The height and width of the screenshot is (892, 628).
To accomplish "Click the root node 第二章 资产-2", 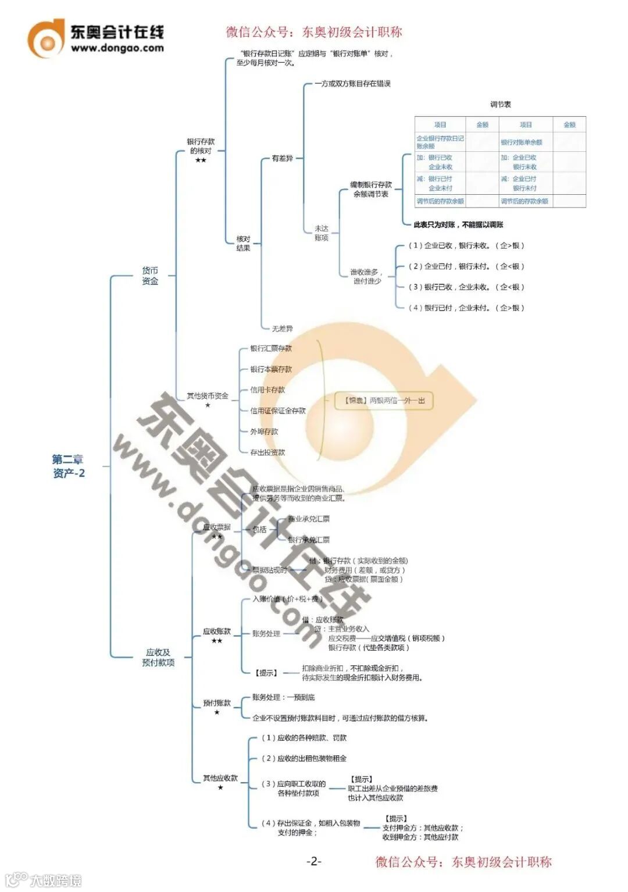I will tap(69, 466).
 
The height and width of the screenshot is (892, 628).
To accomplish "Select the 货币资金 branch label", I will tap(150, 276).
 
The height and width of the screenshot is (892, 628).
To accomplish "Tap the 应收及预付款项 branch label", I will tap(158, 657).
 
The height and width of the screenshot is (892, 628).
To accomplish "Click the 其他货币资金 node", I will tap(208, 396).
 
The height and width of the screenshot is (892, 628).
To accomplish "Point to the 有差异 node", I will tap(283, 158).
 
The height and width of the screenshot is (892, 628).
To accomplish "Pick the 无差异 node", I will tap(283, 329).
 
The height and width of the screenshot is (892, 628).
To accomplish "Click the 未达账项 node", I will tap(322, 233).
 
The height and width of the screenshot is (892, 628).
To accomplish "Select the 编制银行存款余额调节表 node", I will tap(371, 189).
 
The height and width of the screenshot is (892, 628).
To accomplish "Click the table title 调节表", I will tap(500, 105).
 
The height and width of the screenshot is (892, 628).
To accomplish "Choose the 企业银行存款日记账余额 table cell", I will tap(440, 142).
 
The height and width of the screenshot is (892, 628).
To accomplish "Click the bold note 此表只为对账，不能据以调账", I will tap(458, 224).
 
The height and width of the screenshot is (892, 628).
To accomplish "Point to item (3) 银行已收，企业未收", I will tap(466, 287).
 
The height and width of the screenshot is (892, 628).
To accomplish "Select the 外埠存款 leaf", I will tap(264, 431).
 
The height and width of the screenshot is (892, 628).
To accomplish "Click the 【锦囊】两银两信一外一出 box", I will tap(384, 401).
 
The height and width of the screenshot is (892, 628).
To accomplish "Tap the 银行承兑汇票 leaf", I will tap(309, 540).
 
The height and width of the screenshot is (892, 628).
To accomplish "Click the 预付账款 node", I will tap(217, 703).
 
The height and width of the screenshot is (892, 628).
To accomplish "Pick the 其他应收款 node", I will tap(220, 778).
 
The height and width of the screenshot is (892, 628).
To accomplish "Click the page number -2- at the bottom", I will tap(314, 861).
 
